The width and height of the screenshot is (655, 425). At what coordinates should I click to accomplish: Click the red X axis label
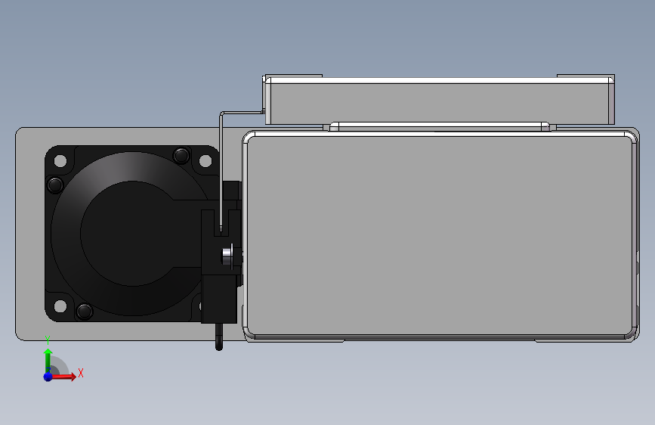click(80, 372)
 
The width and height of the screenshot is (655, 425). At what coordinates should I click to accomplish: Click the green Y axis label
click(48, 339)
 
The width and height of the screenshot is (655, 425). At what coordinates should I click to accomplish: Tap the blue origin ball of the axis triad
click(48, 376)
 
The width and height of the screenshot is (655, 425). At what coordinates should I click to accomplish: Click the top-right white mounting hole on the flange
click(205, 161)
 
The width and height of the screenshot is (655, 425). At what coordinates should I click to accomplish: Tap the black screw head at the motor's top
click(181, 156)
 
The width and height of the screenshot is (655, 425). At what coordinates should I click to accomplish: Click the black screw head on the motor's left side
click(54, 185)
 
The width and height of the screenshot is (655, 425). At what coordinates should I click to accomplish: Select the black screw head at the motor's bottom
click(85, 310)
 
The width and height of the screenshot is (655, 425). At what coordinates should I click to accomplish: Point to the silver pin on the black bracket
click(225, 256)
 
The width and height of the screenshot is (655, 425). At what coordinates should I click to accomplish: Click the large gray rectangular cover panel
click(438, 234)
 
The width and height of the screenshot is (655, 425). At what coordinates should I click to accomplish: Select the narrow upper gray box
click(438, 101)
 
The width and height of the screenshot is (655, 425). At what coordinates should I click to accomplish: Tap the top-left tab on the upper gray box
click(293, 76)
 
